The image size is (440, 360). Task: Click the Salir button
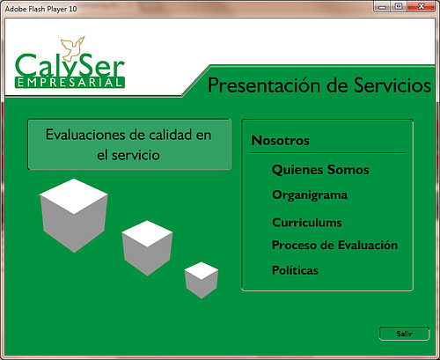pyautogui.click(x=404, y=334)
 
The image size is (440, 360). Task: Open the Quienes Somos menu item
pyautogui.click(x=320, y=170)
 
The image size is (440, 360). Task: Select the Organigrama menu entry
pyautogui.click(x=310, y=195)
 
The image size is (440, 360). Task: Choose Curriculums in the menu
pyautogui.click(x=307, y=223)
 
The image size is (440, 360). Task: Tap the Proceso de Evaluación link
pyautogui.click(x=334, y=245)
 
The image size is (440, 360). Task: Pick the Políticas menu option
pyautogui.click(x=295, y=270)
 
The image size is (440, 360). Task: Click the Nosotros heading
pyautogui.click(x=281, y=141)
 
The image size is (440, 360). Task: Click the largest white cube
pyautogui.click(x=74, y=215)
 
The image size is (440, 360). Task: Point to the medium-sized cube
pyautogui.click(x=147, y=248)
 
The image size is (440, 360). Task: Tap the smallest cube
pyautogui.click(x=202, y=280)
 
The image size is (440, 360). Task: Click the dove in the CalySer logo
pyautogui.click(x=72, y=48)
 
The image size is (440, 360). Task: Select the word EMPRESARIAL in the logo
pyautogui.click(x=70, y=83)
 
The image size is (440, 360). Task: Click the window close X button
pyautogui.click(x=422, y=6)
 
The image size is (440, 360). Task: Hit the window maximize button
pyautogui.click(x=399, y=6)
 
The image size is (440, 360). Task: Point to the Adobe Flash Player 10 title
pyautogui.click(x=40, y=9)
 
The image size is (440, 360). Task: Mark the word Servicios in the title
pyautogui.click(x=392, y=85)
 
